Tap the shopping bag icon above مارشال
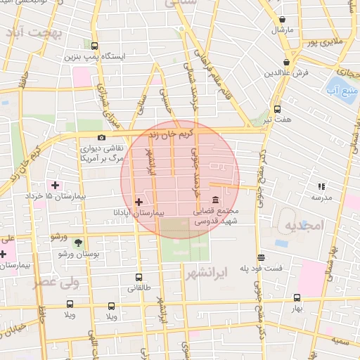coord(282,20)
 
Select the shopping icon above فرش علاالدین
coord(288,63)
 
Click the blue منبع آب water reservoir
coord(339,88)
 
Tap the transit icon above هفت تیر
coord(277,110)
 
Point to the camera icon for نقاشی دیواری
coord(102,138)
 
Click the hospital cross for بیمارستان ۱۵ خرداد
coord(55,185)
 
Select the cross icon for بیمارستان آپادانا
coord(138,202)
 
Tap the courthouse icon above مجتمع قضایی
coord(214,200)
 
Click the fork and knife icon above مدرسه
coord(321,186)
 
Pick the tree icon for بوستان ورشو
coord(77,242)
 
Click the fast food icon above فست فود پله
coord(261,257)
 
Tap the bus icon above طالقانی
coord(138,277)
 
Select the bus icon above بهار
coord(297,298)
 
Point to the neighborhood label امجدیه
coord(302,225)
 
